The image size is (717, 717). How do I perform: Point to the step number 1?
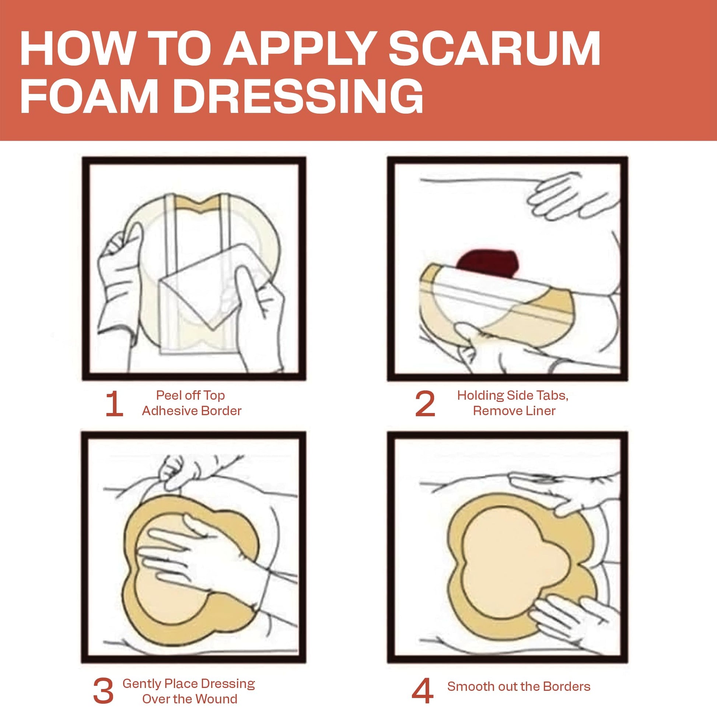[114, 404]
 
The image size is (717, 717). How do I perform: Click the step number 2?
[425, 404]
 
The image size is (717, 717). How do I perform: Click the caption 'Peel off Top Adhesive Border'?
[192, 403]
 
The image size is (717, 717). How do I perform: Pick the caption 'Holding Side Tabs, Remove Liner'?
[513, 403]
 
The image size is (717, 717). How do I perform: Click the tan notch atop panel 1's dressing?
[201, 204]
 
